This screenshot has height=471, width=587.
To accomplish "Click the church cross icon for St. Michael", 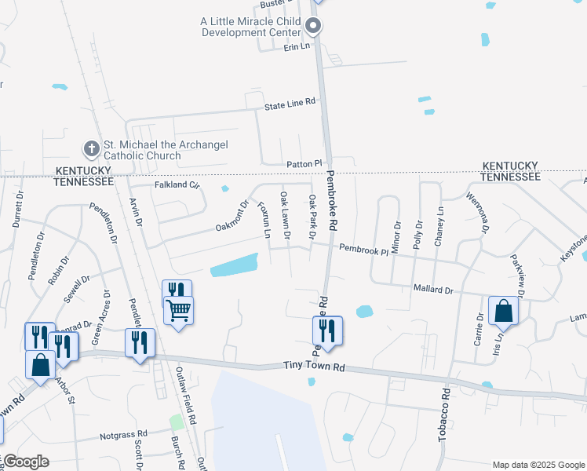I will (92, 148).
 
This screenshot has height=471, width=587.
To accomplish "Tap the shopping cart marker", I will (179, 311).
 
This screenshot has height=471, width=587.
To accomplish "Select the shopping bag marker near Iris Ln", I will (503, 312).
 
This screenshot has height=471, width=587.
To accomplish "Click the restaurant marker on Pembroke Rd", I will (327, 330).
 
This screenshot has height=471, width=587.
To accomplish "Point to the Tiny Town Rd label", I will (314, 367).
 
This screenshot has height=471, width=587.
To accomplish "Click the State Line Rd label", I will (290, 103).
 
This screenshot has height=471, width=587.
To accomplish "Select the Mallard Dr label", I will (433, 290).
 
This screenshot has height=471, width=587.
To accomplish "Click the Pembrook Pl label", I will (363, 249).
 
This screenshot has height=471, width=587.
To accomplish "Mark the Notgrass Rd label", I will (123, 433).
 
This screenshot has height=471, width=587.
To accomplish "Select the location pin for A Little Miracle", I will (313, 27).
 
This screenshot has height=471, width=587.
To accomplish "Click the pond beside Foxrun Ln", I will (234, 265).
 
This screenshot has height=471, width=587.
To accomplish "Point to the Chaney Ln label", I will (439, 223).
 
